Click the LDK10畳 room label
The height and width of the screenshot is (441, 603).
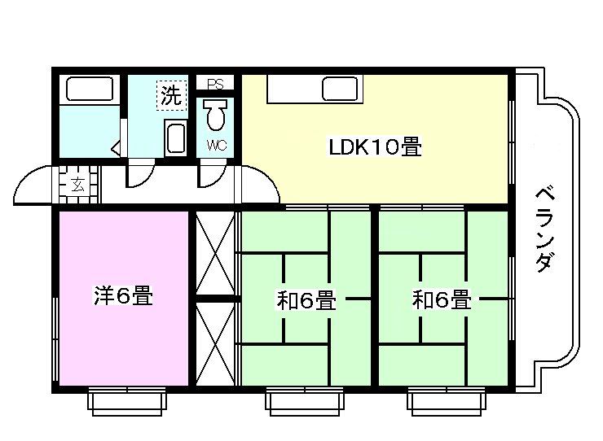point(374,148)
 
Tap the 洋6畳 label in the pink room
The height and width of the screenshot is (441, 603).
point(123,295)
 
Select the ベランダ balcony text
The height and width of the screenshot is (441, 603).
point(548,230)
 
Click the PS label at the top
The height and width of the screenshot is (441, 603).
point(215,84)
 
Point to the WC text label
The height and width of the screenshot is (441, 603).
point(215,146)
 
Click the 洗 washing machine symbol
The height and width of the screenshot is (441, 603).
point(169,95)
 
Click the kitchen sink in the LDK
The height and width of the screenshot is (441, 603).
point(337,86)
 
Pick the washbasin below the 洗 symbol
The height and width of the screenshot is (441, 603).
point(175,137)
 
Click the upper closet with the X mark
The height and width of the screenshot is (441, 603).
point(215,252)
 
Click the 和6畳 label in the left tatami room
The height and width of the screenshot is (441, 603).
point(306,300)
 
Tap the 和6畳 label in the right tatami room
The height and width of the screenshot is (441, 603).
point(442,300)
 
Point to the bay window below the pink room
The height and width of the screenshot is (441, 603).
point(127,400)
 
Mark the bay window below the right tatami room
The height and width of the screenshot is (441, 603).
point(447,400)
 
